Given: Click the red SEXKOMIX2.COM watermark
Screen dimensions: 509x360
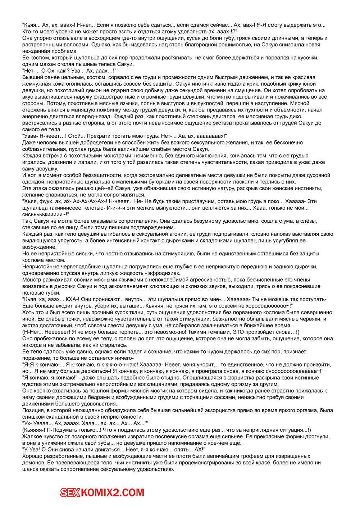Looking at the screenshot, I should [102, 492].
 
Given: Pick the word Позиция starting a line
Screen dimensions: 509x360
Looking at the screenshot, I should [33, 410].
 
